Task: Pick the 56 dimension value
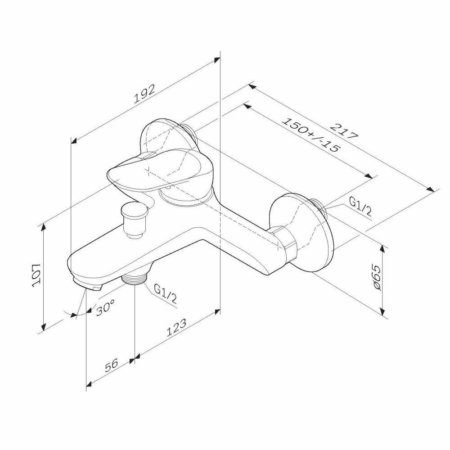(110, 365)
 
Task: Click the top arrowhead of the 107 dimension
(44, 226)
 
